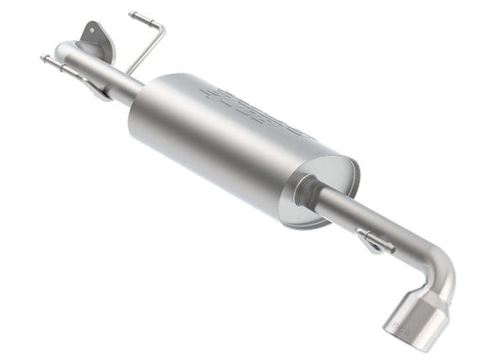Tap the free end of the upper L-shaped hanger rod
132,14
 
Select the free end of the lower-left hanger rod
44,59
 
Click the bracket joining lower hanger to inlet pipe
96,85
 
